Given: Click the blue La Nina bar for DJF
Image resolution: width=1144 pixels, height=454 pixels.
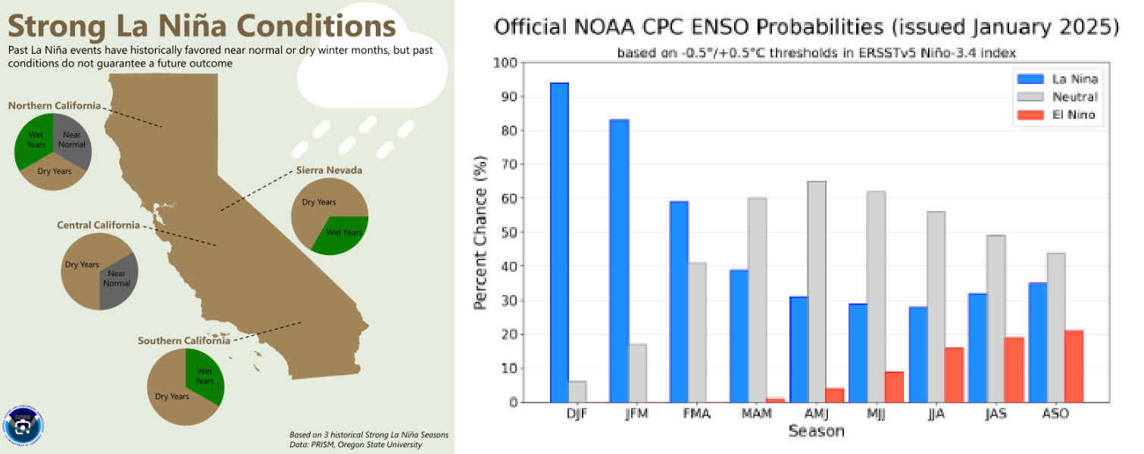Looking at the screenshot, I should [559, 242].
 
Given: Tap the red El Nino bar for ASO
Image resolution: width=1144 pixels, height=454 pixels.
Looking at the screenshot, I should [1074, 366].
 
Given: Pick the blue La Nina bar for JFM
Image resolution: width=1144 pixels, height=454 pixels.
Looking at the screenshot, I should [619, 261].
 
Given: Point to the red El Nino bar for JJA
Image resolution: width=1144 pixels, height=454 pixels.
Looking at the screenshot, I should [954, 375].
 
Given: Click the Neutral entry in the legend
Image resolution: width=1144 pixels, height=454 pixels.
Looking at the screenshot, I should [1074, 97].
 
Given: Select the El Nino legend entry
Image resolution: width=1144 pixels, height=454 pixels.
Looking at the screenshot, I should [1074, 115].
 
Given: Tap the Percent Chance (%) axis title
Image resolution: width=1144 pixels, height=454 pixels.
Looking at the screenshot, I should [480, 232].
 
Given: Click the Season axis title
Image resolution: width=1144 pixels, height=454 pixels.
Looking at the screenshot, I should [816, 431].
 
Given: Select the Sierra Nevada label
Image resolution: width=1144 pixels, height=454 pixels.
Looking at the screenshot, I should [329, 170].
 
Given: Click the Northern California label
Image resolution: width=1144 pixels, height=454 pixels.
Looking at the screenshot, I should [55, 106].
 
